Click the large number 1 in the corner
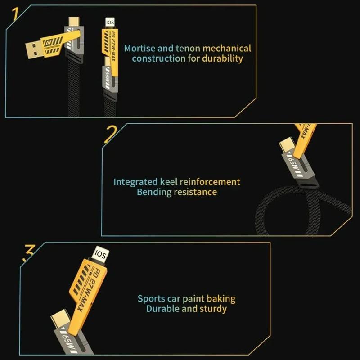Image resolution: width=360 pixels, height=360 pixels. point(16,14)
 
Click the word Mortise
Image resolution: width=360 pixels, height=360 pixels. point(140,48)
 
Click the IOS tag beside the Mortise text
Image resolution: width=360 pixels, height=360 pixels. point(110,22)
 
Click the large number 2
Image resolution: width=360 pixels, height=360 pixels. point(111,134)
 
